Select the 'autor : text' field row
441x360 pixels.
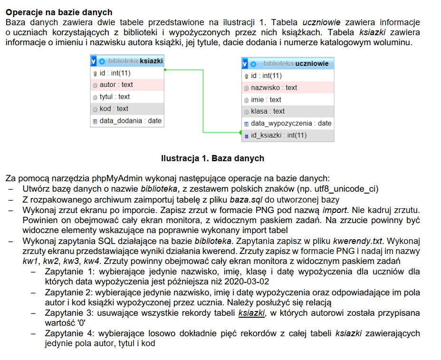coord(116,85)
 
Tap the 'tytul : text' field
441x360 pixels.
coord(115,97)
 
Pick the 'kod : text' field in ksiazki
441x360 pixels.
coord(114,108)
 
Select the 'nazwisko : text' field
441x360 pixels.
coord(274,88)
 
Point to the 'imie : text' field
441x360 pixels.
coord(266,99)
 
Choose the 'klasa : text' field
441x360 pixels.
coord(268,111)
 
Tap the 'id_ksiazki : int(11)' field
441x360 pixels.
coord(278,136)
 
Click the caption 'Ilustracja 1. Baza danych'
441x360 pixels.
coord(212,158)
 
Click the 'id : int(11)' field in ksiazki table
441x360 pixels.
coord(115,73)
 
